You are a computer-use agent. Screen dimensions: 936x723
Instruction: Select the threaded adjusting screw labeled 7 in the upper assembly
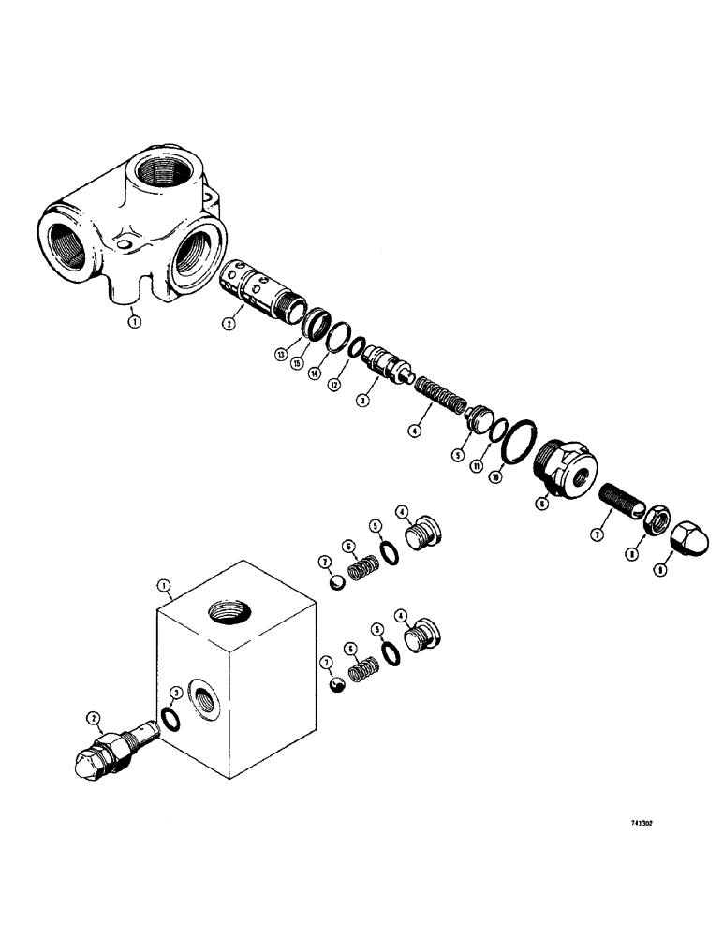click(x=616, y=513)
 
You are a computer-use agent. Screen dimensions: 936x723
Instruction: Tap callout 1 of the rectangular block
click(x=164, y=587)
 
